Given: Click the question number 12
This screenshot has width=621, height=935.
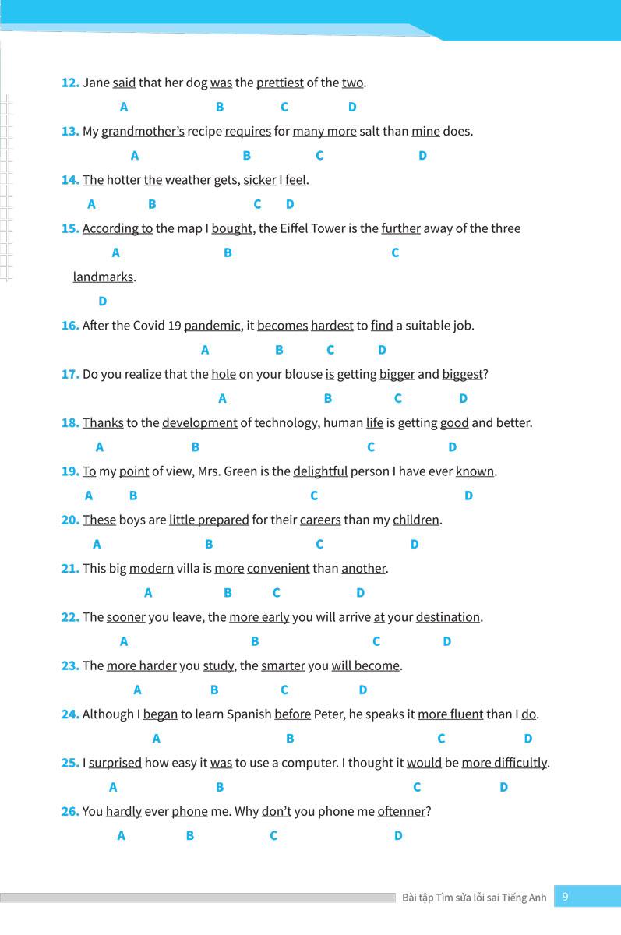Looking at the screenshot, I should pos(70,83).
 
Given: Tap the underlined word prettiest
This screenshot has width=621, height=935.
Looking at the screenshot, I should pos(280,83).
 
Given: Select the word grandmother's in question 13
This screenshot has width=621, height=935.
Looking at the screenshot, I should pos(143,131).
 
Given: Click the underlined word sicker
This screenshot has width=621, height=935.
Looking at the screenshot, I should pos(259,180).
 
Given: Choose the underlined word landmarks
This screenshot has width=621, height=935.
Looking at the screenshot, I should pos(103,277).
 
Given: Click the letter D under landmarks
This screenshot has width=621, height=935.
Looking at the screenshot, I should pos(103,301).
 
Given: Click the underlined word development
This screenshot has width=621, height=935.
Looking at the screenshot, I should pos(199,423).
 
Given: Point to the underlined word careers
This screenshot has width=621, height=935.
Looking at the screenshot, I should pos(320,520).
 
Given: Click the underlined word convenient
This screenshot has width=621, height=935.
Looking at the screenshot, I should pos(278,569).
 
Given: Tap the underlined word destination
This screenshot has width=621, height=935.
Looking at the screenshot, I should pos(447,617).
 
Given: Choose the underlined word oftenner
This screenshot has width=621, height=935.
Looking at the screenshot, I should pos(401,811).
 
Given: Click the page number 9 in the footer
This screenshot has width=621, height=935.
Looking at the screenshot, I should pos(565,897).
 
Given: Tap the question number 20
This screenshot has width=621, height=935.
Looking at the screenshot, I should pos(70,520).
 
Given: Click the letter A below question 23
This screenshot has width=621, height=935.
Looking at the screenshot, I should pos(138,690).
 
